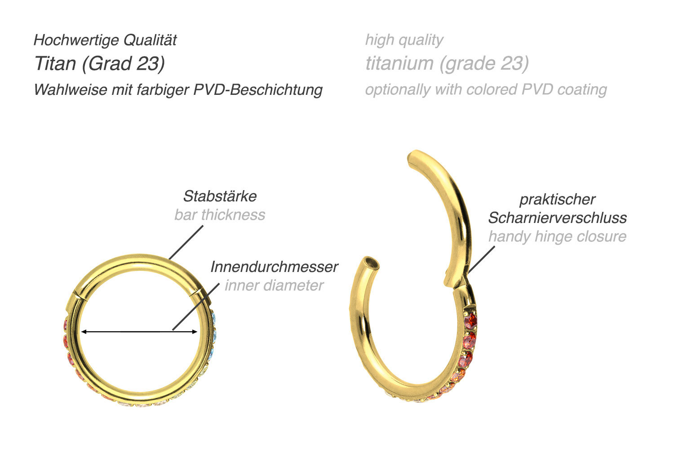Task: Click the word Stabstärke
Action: click(x=220, y=196)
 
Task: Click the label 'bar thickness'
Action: click(x=220, y=215)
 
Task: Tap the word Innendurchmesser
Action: click(x=274, y=267)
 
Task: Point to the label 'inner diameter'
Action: click(x=274, y=285)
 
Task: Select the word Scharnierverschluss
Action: click(x=557, y=218)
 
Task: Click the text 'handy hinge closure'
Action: click(x=557, y=236)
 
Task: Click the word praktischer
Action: click(x=557, y=199)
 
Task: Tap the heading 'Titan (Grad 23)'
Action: click(x=99, y=63)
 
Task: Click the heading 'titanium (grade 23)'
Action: click(x=447, y=63)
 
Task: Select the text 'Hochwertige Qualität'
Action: click(x=105, y=40)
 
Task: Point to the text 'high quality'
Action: click(x=404, y=40)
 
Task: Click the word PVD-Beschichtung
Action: click(x=258, y=89)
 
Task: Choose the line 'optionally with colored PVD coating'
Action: click(x=486, y=89)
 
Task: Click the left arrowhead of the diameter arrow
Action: click(x=84, y=332)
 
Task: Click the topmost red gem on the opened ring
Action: click(x=470, y=321)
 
